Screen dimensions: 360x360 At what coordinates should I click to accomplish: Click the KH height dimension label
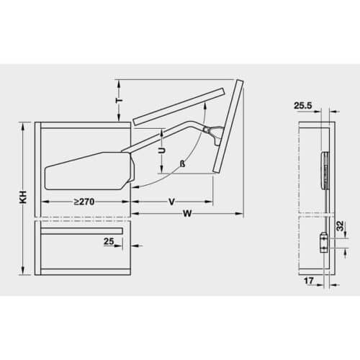pos(23,199)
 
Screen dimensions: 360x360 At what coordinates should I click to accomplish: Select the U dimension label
pos(161,152)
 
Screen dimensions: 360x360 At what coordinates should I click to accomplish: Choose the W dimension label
pos(186,214)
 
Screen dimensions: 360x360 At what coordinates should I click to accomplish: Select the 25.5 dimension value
pos(304,106)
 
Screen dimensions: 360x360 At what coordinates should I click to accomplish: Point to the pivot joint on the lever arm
pos(207,130)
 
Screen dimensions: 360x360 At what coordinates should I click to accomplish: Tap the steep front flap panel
pos(227,126)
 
